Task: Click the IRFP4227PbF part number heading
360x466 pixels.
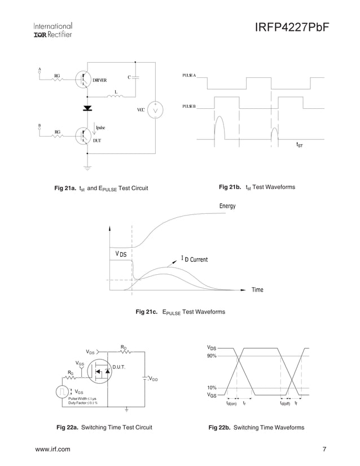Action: point(291,28)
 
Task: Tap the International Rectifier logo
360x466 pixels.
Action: point(52,30)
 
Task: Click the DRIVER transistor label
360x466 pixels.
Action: point(100,80)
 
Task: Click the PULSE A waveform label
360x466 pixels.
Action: point(189,76)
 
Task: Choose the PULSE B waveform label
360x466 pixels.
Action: point(189,106)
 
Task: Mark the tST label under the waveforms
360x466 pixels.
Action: point(300,145)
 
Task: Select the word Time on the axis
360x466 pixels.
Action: point(257,289)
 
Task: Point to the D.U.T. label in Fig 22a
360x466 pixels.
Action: point(118,367)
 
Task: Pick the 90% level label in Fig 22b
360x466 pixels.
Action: point(212,355)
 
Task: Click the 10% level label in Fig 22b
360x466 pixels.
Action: point(212,388)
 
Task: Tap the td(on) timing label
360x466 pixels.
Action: point(231,403)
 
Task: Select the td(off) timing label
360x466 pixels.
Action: point(285,403)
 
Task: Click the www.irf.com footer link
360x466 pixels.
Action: point(53,449)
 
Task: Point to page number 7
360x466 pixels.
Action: point(324,449)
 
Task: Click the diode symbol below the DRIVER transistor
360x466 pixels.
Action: point(87,108)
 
